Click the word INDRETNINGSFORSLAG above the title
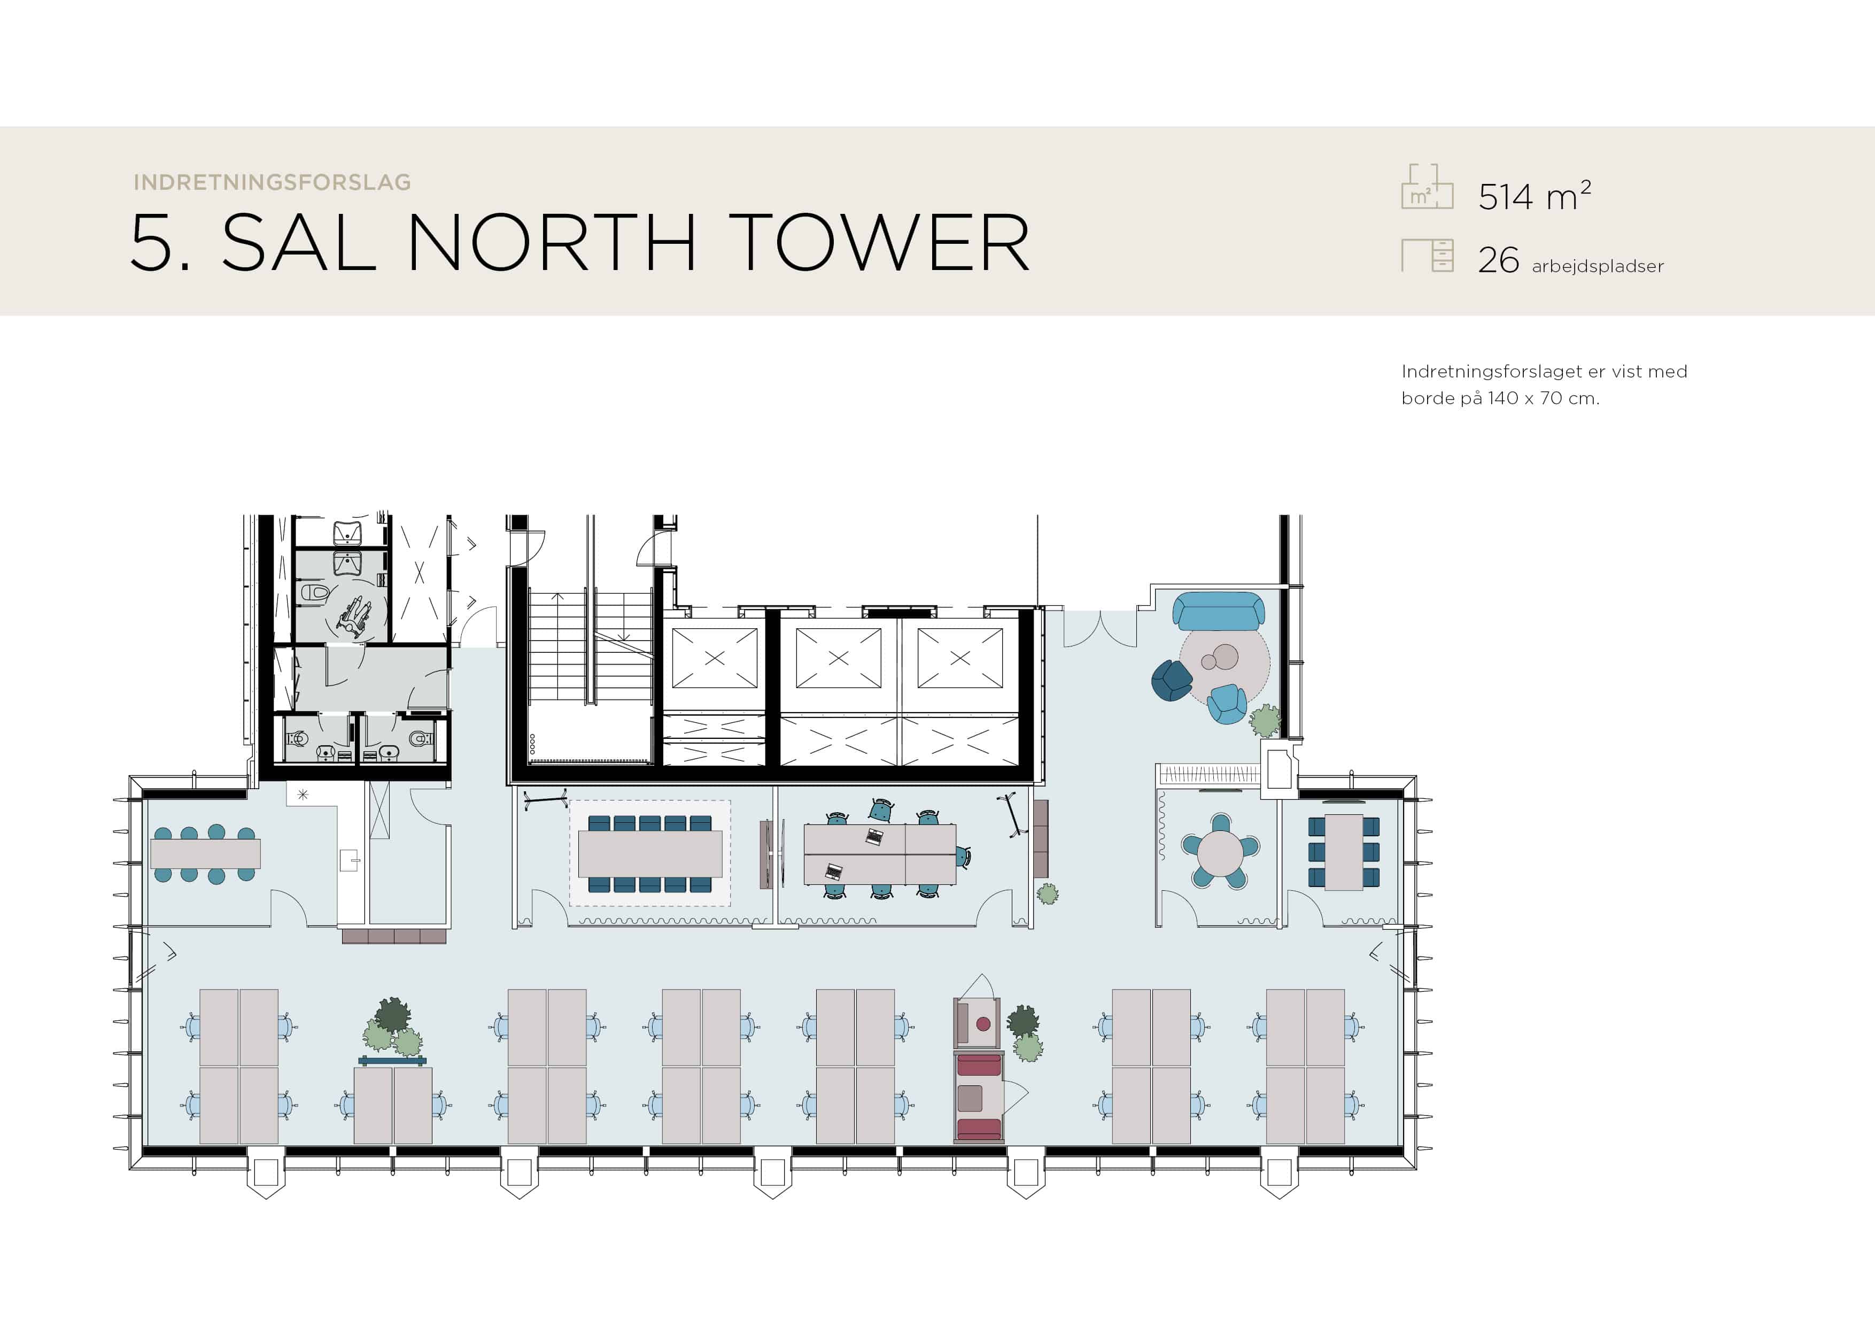[x=272, y=182]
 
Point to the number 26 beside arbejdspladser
[x=1499, y=260]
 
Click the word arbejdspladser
[x=1598, y=266]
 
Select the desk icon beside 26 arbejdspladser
[x=1428, y=255]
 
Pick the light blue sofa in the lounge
[x=1219, y=611]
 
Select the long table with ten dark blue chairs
[x=650, y=853]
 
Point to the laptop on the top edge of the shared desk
[x=874, y=837]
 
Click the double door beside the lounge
[x=1100, y=629]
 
